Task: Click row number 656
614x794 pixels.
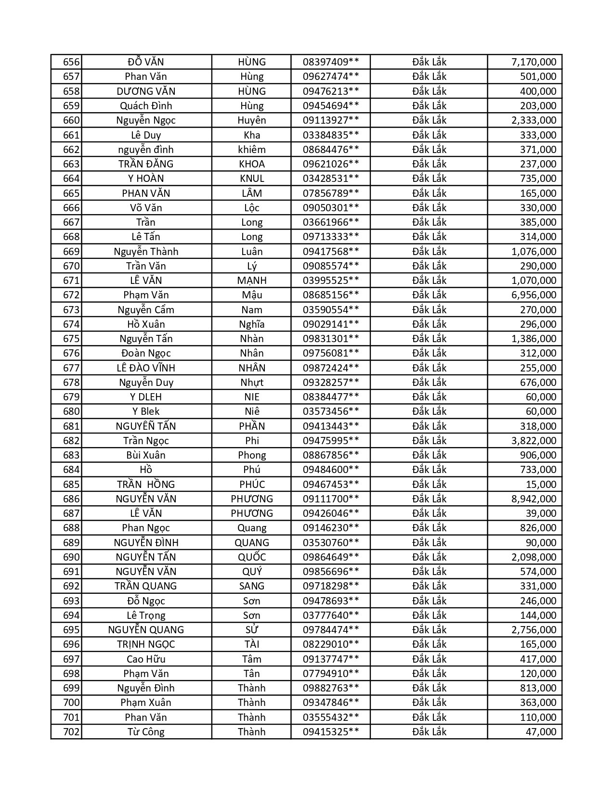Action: pyautogui.click(x=71, y=62)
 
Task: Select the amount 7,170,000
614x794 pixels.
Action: pyautogui.click(x=534, y=62)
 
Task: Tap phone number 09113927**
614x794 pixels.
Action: pyautogui.click(x=330, y=120)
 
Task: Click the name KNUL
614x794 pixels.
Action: pyautogui.click(x=252, y=179)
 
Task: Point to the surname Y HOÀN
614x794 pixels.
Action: pyautogui.click(x=146, y=179)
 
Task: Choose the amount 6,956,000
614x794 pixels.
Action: pyautogui.click(x=534, y=295)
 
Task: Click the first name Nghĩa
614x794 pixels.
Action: pyautogui.click(x=252, y=324)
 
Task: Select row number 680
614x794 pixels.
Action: pyautogui.click(x=71, y=411)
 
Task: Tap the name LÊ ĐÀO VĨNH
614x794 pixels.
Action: pyautogui.click(x=146, y=368)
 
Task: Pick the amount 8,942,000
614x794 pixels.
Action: pyautogui.click(x=534, y=499)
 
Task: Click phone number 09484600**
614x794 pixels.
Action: pyautogui.click(x=330, y=470)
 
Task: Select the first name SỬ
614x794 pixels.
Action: pyautogui.click(x=252, y=630)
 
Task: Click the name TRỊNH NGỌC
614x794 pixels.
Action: pyautogui.click(x=146, y=644)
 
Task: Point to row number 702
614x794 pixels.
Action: pyautogui.click(x=71, y=732)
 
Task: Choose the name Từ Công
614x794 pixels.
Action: pyautogui.click(x=146, y=732)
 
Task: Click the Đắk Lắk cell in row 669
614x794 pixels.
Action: pyautogui.click(x=429, y=252)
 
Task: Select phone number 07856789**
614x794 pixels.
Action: pyautogui.click(x=330, y=193)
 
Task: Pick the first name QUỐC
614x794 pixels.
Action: pyautogui.click(x=252, y=557)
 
